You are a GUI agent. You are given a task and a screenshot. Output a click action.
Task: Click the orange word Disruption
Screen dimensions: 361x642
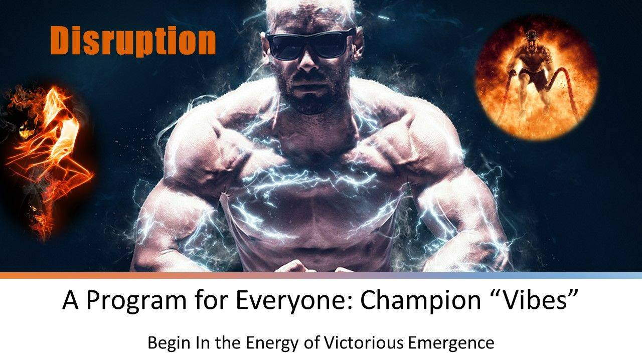coord(133,42)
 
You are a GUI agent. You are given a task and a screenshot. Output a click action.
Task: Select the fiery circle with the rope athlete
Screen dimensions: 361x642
coord(536,77)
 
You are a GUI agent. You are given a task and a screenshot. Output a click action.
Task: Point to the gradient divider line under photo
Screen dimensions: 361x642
coord(321,275)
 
